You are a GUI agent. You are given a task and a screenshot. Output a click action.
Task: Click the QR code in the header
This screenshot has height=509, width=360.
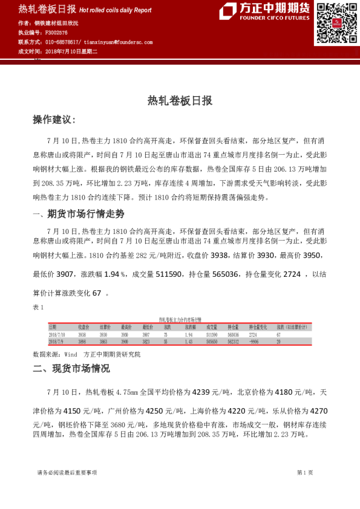pyautogui.click(x=334, y=23)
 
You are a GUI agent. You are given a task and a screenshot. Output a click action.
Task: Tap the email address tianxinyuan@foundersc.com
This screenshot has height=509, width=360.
pyautogui.click(x=119, y=42)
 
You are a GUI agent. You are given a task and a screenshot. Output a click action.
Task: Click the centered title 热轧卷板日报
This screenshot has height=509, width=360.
pyautogui.click(x=180, y=100)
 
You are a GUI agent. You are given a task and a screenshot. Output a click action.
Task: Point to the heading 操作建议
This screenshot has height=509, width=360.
pyautogui.click(x=54, y=120)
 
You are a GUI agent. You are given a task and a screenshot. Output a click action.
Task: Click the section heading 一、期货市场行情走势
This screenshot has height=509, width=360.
pyautogui.click(x=78, y=213)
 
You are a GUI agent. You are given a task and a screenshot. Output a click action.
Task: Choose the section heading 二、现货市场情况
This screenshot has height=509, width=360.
pyautogui.click(x=71, y=368)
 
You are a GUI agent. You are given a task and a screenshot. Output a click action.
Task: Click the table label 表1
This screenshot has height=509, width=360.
pyautogui.click(x=39, y=307)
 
